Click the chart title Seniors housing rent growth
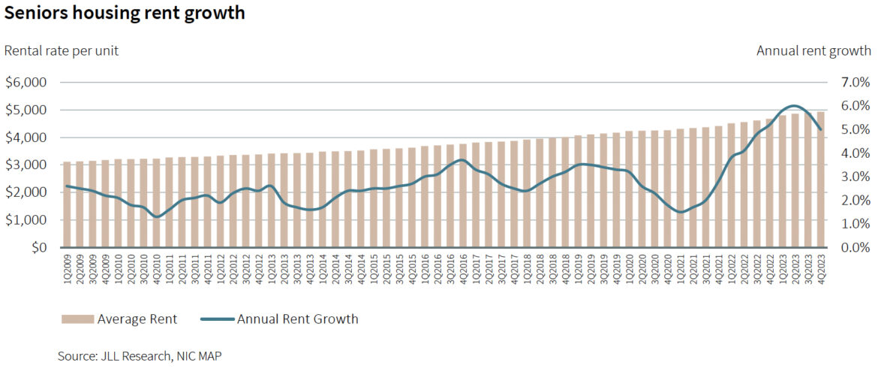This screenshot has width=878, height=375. [x=125, y=14]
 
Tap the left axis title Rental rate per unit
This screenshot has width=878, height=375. [x=62, y=50]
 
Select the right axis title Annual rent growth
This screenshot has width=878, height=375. [x=813, y=50]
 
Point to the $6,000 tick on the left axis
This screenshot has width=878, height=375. [x=26, y=82]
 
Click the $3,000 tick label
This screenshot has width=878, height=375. [x=26, y=165]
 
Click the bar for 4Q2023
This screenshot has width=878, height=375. [x=821, y=180]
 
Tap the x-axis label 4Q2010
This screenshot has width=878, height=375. [x=156, y=268]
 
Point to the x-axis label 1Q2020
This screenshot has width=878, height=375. [x=629, y=268]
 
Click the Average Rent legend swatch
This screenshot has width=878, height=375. [x=77, y=319]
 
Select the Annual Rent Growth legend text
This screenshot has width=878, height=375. [x=297, y=319]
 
